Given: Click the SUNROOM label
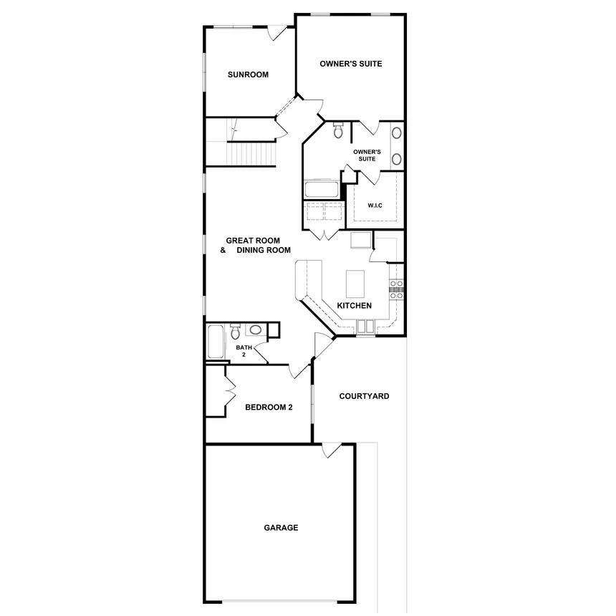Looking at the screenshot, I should pyautogui.click(x=248, y=74).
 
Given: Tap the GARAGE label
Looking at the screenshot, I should pyautogui.click(x=281, y=528).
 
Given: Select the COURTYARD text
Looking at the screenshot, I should pyautogui.click(x=364, y=396).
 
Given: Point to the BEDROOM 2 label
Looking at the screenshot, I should pyautogui.click(x=269, y=408).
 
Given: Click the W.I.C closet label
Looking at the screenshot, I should pyautogui.click(x=375, y=206).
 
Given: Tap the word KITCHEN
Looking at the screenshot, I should pyautogui.click(x=354, y=306).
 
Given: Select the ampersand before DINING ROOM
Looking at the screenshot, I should pyautogui.click(x=223, y=251).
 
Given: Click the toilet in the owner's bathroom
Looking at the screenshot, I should pyautogui.click(x=338, y=130).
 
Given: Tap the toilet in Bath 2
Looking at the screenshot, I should pyautogui.click(x=234, y=332).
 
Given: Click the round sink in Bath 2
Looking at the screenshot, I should pyautogui.click(x=254, y=330).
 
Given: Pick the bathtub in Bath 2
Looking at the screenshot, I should pyautogui.click(x=216, y=343).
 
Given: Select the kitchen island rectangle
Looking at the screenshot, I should pyautogui.click(x=355, y=283).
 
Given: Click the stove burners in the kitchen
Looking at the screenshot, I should pyautogui.click(x=396, y=289).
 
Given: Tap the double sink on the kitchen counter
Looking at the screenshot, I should pyautogui.click(x=365, y=327).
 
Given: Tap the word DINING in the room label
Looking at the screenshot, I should pyautogui.click(x=251, y=251).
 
